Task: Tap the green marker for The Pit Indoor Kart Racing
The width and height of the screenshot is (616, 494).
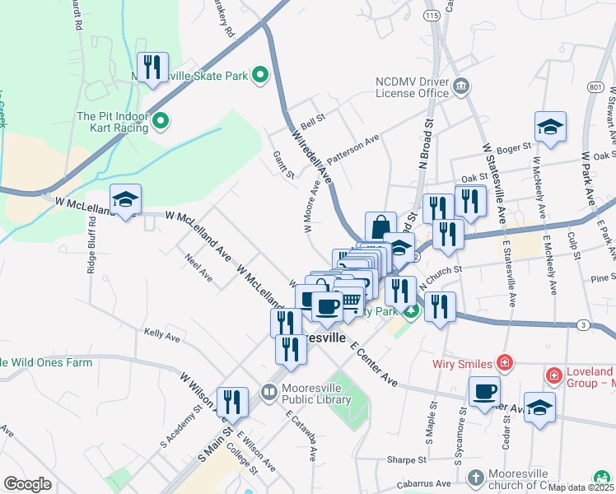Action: coord(161,123)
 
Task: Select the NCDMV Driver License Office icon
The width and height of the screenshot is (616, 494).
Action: coord(461,87)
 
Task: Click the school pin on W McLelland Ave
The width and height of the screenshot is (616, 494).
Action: coord(125,200)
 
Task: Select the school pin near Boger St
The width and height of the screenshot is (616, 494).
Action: coord(550,128)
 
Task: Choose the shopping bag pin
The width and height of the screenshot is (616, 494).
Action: coord(380,227)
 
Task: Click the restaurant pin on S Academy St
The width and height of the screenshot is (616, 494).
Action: coord(232,402)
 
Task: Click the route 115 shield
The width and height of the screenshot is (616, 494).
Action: coord(431,16)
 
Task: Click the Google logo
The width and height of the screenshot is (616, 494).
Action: coord(27,484)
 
